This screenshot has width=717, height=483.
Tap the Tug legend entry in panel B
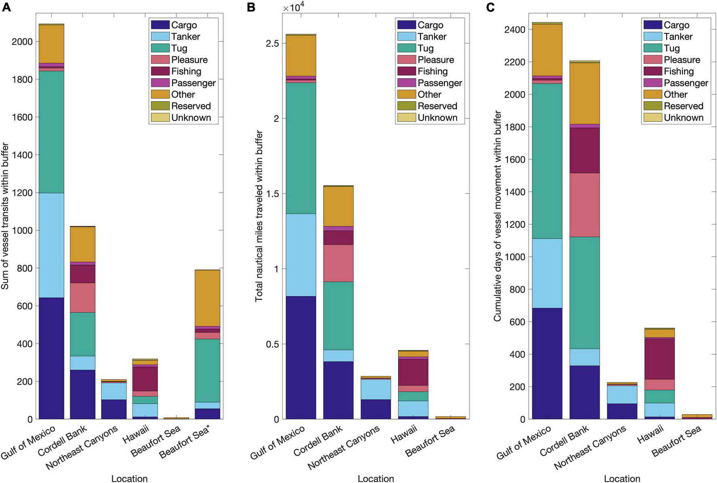(425, 48)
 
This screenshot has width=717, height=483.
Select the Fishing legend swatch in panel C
(652, 71)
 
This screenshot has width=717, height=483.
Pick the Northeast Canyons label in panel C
(590, 447)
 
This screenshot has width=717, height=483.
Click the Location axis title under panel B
(375, 479)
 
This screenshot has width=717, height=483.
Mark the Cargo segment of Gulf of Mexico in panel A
(52, 358)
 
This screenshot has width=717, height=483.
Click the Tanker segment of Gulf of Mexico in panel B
(301, 255)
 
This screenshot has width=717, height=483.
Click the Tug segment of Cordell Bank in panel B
(338, 316)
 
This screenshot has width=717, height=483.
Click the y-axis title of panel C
(497, 216)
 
